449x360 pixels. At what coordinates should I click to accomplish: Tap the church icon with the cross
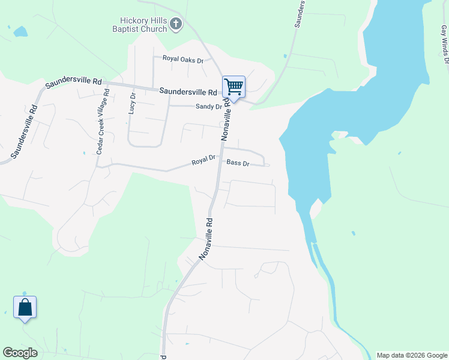176,24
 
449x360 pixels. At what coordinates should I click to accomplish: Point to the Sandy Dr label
208,106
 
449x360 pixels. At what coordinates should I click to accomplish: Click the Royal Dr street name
203,161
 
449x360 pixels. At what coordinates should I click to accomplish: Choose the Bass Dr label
238,163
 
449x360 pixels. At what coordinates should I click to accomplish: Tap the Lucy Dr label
133,106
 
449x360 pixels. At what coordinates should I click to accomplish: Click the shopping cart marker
234,87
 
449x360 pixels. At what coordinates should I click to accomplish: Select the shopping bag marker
25,307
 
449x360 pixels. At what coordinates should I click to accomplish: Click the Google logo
20,353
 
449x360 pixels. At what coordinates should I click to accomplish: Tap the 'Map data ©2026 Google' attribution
412,355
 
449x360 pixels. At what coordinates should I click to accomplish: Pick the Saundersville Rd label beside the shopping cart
188,92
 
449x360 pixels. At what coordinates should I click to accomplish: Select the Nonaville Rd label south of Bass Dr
206,238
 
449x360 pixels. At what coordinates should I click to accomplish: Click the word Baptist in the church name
128,29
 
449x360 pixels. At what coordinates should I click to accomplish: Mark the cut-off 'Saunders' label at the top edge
301,13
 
